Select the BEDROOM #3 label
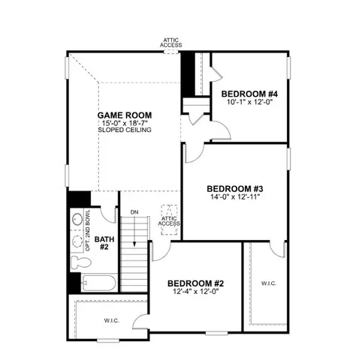[234, 188]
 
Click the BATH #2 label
[106, 241]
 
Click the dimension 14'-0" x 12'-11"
[234, 196]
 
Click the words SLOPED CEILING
[125, 130]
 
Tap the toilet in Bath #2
[80, 263]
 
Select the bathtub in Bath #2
[98, 285]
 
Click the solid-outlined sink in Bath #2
[78, 221]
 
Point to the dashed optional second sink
[78, 241]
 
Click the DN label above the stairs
[134, 213]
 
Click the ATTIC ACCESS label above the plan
[171, 42]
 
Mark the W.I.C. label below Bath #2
[112, 321]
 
